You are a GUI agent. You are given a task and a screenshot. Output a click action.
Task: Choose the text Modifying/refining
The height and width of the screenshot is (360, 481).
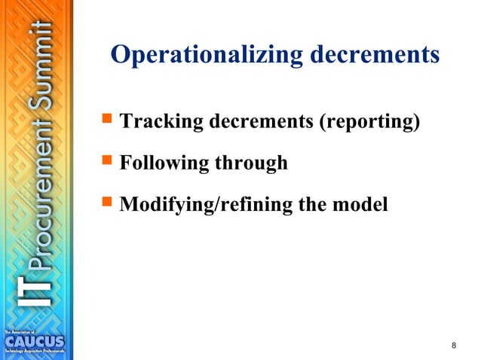pos(198,204)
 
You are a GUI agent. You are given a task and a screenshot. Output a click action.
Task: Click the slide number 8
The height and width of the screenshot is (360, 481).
pos(453,345)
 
